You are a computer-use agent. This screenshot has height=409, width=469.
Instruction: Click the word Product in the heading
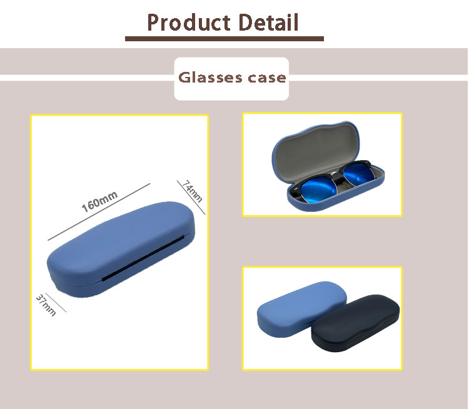[189, 23]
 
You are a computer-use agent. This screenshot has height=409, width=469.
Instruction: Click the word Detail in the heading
[268, 22]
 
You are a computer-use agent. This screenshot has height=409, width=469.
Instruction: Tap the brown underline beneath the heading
[224, 39]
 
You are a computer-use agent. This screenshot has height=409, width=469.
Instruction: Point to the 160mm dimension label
[99, 201]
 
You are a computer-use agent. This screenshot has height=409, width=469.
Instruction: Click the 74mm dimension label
[193, 191]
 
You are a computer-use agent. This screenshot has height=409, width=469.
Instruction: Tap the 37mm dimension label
[46, 305]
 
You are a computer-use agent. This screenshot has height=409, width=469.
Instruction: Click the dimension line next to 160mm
[99, 212]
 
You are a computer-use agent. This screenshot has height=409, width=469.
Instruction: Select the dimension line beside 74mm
[191, 198]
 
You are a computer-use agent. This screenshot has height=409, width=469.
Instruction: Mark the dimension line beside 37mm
[56, 302]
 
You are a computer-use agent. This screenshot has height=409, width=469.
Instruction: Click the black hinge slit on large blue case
[143, 258]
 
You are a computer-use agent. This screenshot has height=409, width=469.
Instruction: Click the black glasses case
[355, 323]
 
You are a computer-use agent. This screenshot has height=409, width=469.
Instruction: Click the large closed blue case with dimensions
[121, 250]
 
